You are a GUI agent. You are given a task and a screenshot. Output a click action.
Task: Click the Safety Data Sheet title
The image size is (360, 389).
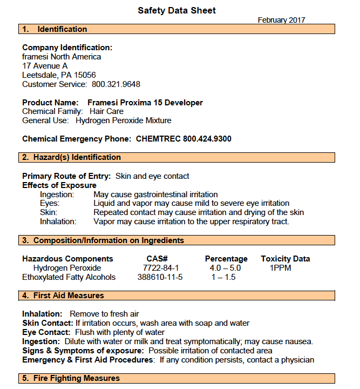pyautogui.click(x=176, y=10)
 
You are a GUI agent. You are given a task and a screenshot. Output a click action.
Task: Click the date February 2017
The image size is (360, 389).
pyautogui.click(x=281, y=20)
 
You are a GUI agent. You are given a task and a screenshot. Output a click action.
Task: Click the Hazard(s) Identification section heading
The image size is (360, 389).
pyautogui.click(x=77, y=157)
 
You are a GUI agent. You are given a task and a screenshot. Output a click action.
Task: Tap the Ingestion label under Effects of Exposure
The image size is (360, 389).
pyautogui.click(x=57, y=194)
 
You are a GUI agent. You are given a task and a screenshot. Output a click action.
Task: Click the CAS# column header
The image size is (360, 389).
pyautogui.click(x=158, y=259)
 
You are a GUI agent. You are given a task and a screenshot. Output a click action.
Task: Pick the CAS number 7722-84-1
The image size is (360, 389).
pyautogui.click(x=161, y=268)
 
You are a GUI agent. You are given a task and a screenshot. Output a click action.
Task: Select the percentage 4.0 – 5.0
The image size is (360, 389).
pyautogui.click(x=225, y=268)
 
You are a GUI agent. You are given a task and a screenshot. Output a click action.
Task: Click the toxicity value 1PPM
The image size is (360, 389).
pyautogui.click(x=281, y=268)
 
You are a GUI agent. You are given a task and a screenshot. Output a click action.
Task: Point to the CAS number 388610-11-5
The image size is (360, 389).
pyautogui.click(x=161, y=277)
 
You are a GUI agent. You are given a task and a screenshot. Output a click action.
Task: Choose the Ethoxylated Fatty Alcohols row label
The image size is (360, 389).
pyautogui.click(x=69, y=277)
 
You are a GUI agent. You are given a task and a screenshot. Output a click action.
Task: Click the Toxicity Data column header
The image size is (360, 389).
pyautogui.click(x=285, y=259)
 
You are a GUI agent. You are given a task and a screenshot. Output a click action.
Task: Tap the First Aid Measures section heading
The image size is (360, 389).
pyautogui.click(x=69, y=296)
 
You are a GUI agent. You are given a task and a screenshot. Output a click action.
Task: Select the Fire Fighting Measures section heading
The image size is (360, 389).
pyautogui.click(x=76, y=378)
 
